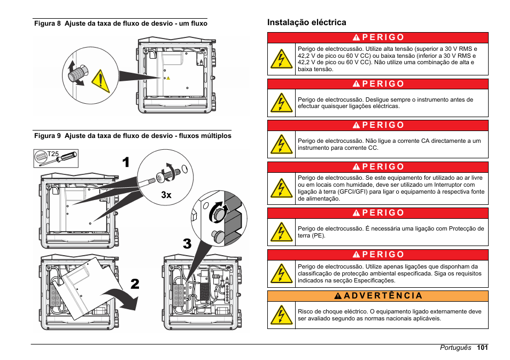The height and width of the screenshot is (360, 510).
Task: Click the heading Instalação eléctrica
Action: [x=306, y=22]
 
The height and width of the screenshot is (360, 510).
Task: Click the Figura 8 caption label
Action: [x=48, y=24]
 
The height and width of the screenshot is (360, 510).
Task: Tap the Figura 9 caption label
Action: [x=48, y=136]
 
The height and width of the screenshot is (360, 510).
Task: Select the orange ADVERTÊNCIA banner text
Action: [x=383, y=296]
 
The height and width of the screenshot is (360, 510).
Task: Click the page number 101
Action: [x=482, y=347]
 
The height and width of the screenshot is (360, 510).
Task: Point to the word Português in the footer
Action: [x=455, y=348]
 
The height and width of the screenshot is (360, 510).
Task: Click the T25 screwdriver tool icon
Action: [x=56, y=158]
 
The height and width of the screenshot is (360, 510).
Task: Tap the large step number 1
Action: [x=126, y=162]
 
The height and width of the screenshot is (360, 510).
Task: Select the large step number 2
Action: [x=135, y=284]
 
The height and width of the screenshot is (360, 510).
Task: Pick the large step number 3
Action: [x=187, y=243]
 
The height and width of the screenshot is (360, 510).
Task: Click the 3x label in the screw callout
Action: [x=166, y=195]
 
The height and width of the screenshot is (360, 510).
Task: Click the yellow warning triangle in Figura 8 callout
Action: [x=101, y=81]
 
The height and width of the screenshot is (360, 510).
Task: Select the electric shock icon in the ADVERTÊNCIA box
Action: [x=281, y=315]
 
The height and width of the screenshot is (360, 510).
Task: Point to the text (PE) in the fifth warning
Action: [x=319, y=235]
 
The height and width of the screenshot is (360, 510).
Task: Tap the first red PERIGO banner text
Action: [x=383, y=37]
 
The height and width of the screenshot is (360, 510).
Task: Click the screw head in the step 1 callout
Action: [x=161, y=177]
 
